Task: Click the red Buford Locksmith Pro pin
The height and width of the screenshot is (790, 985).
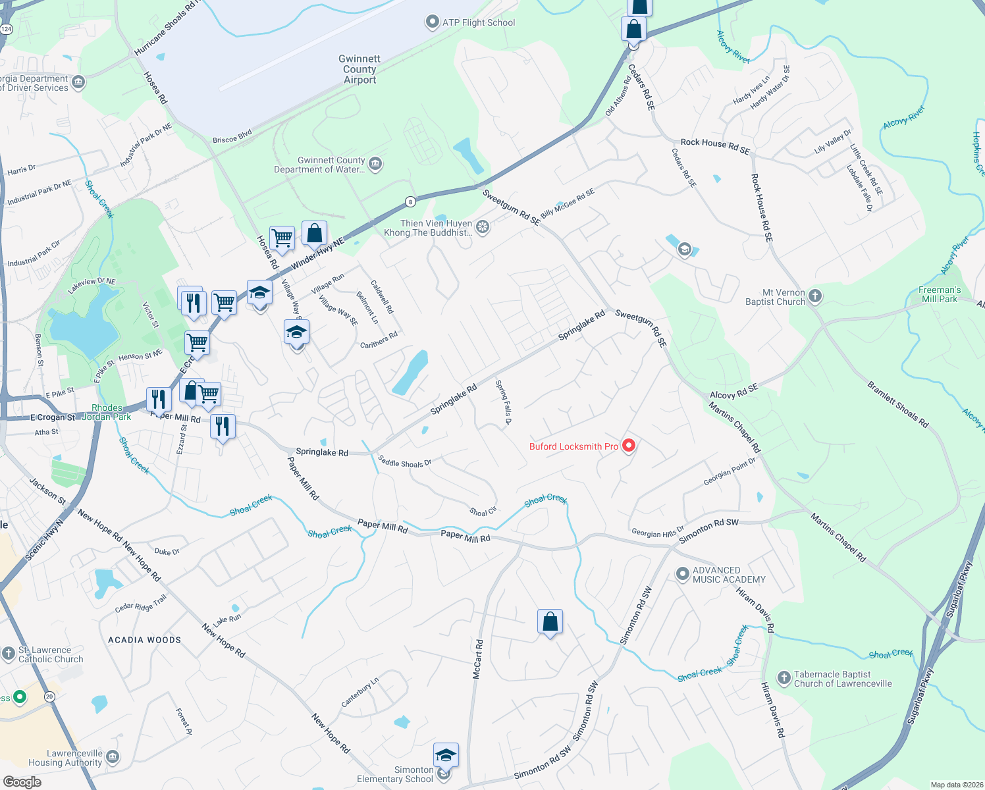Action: (629, 446)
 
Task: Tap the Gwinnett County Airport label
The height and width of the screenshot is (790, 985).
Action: (360, 69)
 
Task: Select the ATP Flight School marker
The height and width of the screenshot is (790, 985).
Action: (432, 22)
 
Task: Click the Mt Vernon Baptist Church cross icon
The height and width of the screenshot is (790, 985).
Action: (815, 296)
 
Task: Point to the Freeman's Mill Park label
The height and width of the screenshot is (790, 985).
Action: (940, 294)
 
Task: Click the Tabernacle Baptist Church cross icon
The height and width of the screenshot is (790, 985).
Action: (784, 678)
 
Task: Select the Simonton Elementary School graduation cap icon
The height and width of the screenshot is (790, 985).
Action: (446, 754)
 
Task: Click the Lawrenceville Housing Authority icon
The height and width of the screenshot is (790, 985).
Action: (113, 757)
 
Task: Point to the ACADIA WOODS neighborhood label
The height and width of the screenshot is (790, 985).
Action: (144, 640)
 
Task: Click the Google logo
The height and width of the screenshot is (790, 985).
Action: (22, 782)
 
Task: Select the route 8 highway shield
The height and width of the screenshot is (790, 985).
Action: (411, 202)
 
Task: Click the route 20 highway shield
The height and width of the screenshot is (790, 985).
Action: (49, 696)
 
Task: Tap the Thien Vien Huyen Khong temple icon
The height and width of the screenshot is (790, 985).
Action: (483, 227)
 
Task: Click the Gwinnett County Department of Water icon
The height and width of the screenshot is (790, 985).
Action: (375, 163)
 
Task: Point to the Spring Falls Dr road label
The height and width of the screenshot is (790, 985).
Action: (504, 402)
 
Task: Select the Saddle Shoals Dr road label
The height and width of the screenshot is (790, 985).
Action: (405, 462)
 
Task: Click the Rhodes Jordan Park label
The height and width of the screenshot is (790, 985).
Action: (107, 412)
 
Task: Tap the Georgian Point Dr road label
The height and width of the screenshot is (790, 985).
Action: (730, 471)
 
